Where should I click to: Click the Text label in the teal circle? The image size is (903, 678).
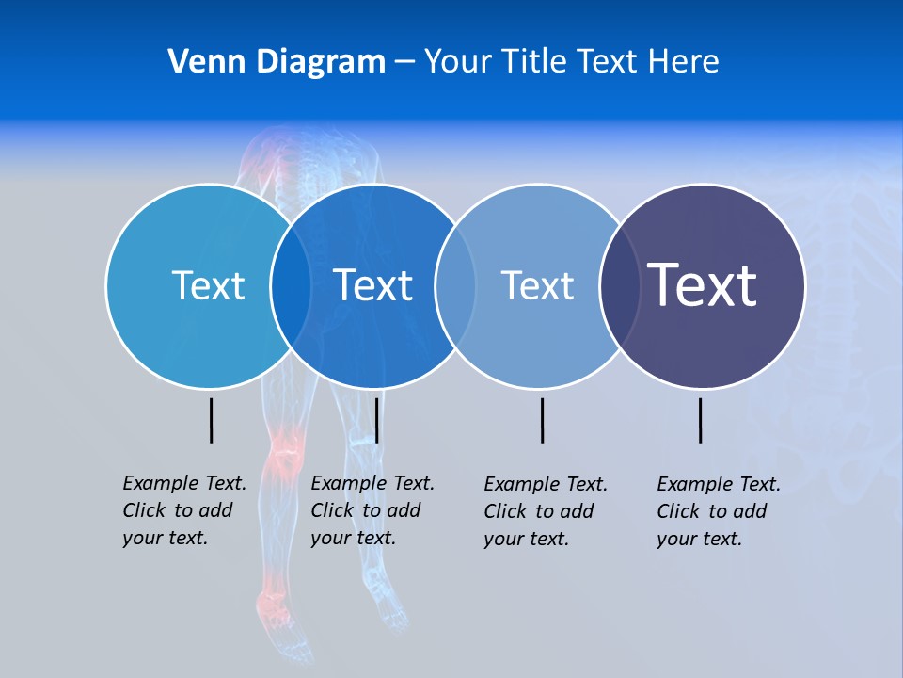[x=208, y=285]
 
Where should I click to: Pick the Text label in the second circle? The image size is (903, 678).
[x=372, y=285]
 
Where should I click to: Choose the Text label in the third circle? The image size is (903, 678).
[x=537, y=285]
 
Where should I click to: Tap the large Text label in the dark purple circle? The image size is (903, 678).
[x=702, y=284]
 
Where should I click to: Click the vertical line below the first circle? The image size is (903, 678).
[x=211, y=420]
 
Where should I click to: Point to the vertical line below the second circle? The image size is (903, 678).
[x=376, y=420]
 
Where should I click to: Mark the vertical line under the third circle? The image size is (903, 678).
[x=542, y=420]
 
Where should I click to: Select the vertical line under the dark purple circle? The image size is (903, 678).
[x=700, y=420]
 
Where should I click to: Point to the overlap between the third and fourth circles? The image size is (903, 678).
[x=620, y=286]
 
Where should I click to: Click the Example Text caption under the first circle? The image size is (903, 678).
[x=183, y=510]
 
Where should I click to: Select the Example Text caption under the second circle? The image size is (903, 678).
[x=372, y=510]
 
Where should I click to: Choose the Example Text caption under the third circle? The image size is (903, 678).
[x=545, y=511]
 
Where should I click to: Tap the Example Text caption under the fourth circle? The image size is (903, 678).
[x=718, y=511]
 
